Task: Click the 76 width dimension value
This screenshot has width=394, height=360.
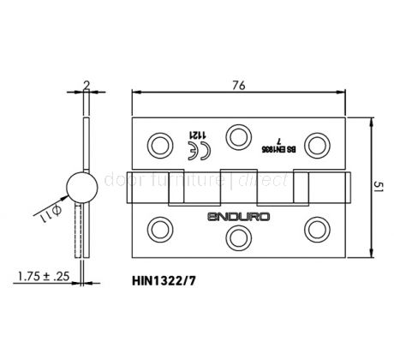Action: coord(238,83)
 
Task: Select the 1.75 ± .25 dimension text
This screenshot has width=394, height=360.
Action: coord(40,276)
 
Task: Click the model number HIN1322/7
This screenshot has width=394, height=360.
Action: coord(168,279)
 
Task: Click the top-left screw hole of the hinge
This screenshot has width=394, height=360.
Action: coord(159,141)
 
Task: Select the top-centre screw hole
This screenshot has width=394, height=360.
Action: coord(238,133)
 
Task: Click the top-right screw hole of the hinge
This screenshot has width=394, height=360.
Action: coord(318,141)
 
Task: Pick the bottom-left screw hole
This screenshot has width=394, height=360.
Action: coord(159,227)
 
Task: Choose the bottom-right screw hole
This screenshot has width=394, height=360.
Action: coord(318,227)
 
